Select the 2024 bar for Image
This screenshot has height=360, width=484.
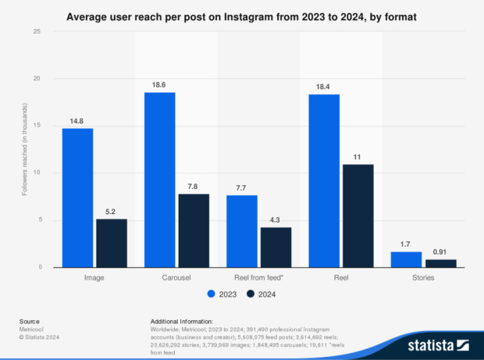pos(111,243)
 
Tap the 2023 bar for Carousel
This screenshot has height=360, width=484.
pos(159,180)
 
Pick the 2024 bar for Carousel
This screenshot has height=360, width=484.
pos(193,230)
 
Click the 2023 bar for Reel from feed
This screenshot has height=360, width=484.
pos(242,231)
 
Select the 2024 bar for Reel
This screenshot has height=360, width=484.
pos(358,216)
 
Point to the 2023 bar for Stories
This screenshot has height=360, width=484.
pos(406,259)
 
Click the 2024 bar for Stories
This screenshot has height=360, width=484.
pos(440,263)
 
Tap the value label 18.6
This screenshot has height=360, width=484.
pos(159,84)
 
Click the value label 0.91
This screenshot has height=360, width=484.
pos(440,251)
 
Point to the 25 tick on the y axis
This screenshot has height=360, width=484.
pos(37,31)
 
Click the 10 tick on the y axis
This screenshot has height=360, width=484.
pos(37,173)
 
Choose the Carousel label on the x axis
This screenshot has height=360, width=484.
pos(176,277)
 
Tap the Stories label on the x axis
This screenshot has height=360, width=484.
pos(423,277)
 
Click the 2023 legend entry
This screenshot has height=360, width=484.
pos(222,294)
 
